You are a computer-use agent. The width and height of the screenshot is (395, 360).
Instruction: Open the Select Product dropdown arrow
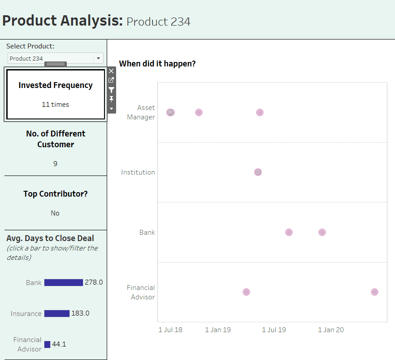98,58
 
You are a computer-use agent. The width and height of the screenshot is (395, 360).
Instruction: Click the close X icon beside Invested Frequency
111,71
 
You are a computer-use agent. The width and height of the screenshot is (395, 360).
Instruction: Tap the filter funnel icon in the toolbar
111,90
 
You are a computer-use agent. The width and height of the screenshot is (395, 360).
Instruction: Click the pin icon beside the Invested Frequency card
111,99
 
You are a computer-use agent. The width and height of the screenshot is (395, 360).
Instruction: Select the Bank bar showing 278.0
64,282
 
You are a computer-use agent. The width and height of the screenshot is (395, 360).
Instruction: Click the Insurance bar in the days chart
57,313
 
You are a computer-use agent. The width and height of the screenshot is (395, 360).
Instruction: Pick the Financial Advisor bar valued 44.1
47,344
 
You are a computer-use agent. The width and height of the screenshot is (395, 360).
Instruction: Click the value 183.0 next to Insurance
80,313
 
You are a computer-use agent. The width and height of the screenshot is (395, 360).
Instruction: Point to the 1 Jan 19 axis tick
218,330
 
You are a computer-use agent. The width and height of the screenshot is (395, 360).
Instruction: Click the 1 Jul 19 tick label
273,330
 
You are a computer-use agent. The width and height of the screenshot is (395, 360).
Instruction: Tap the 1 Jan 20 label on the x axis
331,330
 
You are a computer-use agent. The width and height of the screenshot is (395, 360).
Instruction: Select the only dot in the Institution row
258,172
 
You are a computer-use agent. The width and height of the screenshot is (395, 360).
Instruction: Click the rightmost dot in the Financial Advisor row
374,292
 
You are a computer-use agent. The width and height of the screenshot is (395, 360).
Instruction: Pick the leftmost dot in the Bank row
289,232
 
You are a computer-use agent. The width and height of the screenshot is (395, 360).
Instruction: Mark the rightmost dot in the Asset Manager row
260,112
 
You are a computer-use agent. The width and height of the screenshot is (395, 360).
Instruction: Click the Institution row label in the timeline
138,172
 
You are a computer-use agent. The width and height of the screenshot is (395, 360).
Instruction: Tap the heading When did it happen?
157,64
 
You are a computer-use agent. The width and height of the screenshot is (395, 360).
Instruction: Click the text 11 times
56,105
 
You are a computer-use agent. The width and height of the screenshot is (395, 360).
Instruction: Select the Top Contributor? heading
56,194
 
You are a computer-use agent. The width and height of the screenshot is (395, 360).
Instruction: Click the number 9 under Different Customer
55,164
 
